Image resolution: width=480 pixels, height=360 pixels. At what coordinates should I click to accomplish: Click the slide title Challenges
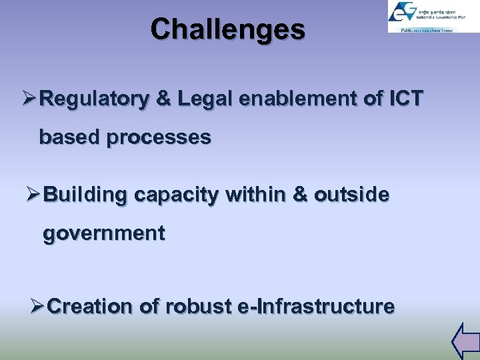pyautogui.click(x=227, y=29)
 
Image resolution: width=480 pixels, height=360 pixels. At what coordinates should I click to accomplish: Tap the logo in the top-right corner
pyautogui.click(x=424, y=17)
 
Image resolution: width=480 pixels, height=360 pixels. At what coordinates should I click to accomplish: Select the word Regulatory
pyautogui.click(x=94, y=99)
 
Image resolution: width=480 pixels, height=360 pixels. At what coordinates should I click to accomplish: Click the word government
pyautogui.click(x=104, y=235)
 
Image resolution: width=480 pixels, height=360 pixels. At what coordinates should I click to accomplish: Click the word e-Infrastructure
pyautogui.click(x=316, y=307)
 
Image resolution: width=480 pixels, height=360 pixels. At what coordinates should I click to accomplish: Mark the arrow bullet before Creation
pyautogui.click(x=38, y=307)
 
